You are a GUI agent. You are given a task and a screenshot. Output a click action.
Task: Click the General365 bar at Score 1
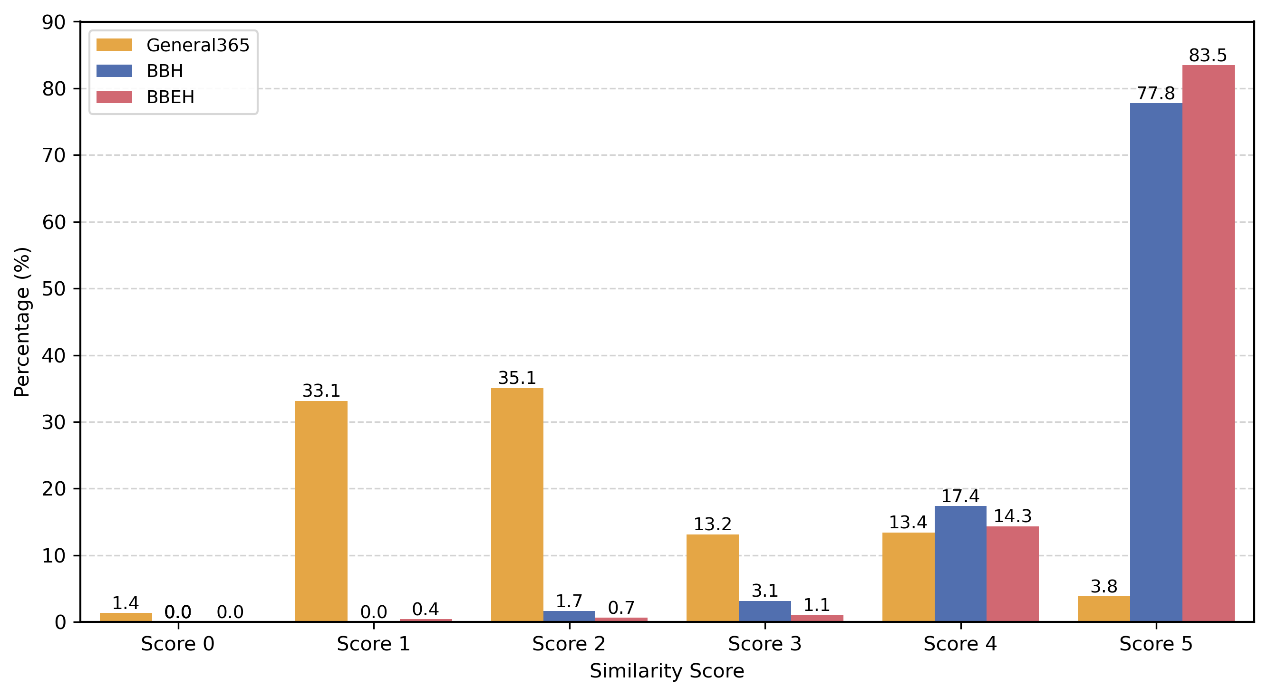[321, 511]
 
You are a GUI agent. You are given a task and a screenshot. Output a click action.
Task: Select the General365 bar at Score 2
[517, 505]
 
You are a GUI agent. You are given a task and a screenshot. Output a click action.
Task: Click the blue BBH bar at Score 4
[960, 563]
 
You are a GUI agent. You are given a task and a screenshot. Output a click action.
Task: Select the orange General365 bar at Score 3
[712, 578]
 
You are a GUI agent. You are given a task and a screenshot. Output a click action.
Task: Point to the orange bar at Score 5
[1103, 609]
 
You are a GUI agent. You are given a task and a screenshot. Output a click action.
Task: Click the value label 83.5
[1208, 56]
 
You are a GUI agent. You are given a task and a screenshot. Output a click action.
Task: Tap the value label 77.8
[1156, 94]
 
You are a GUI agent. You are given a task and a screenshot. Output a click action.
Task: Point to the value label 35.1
[517, 378]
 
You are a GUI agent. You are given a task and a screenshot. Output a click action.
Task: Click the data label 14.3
[1013, 516]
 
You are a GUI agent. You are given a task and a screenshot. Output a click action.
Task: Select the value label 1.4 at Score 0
[126, 602]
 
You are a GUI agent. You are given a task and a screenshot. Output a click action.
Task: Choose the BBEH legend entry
[170, 97]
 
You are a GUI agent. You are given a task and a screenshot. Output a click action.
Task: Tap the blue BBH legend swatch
[114, 71]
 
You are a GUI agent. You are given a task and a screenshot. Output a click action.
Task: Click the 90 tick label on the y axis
[54, 22]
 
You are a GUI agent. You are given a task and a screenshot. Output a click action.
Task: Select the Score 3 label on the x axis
[765, 644]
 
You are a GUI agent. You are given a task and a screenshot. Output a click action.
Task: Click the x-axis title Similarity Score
[667, 671]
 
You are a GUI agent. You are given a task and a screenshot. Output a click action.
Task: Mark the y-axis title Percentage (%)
[22, 322]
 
